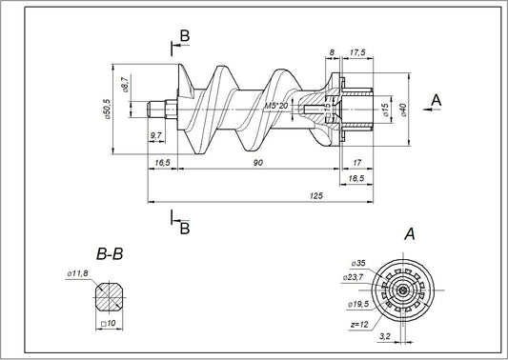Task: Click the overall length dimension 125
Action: coord(316,196)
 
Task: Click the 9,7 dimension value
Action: coord(155,137)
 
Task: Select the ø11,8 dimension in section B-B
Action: coord(77,274)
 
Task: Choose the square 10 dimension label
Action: coord(108,325)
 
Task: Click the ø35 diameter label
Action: coord(358,262)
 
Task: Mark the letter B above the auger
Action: coord(184,36)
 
